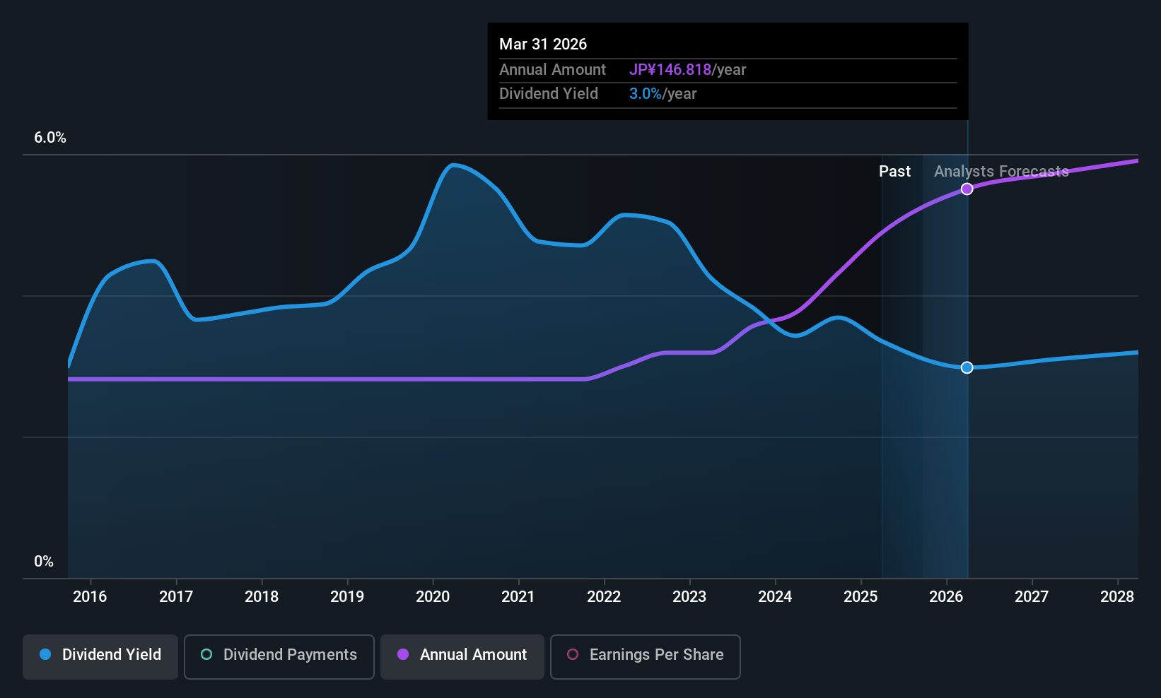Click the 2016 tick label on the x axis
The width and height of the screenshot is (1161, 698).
tap(91, 596)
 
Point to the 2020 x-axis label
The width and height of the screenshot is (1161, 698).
tap(433, 596)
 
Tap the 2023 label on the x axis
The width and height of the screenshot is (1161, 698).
tap(689, 596)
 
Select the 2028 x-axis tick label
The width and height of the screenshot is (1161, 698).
tap(1117, 596)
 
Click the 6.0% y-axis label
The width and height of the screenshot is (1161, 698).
tap(50, 138)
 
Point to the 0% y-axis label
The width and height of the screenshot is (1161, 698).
tap(44, 562)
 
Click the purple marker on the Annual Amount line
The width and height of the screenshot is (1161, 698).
tap(967, 189)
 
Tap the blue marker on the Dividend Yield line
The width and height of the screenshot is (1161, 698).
tap(967, 367)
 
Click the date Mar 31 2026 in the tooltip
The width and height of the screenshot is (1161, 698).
tap(543, 45)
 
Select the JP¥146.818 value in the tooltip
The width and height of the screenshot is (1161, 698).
tap(670, 70)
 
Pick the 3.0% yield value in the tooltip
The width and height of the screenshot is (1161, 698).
tap(646, 94)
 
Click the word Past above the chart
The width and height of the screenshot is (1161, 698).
tap(894, 172)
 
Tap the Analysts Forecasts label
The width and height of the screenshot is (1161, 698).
tap(1001, 172)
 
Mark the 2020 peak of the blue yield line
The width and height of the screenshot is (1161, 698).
tap(453, 165)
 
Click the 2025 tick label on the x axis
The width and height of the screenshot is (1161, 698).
tap(861, 596)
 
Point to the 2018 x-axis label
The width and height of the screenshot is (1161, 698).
tap(262, 596)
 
